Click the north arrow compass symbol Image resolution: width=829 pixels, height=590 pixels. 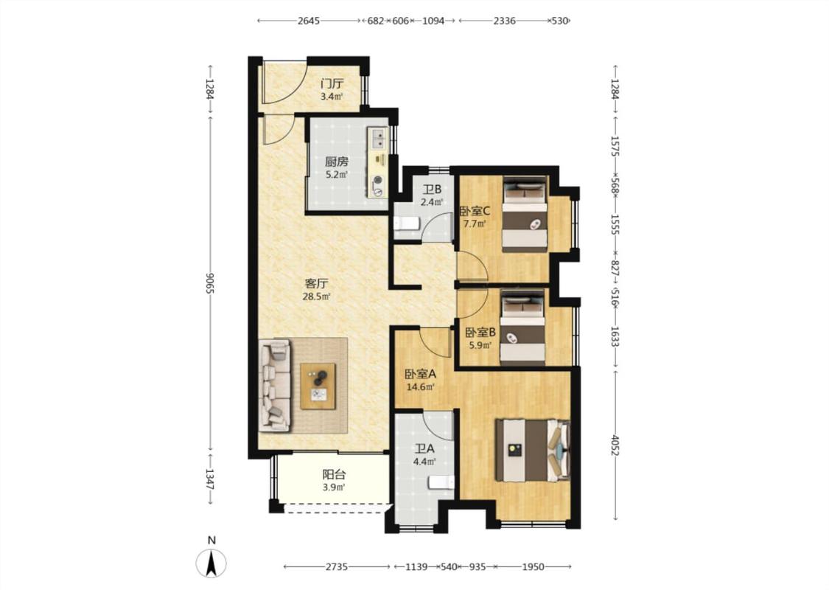click(211, 563)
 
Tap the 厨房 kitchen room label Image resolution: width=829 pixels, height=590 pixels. click(337, 162)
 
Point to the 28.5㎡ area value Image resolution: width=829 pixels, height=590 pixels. click(317, 297)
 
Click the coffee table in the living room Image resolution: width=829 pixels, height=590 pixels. click(318, 386)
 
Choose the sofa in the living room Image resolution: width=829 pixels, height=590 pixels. click(275, 384)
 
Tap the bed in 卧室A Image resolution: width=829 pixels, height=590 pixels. click(532, 451)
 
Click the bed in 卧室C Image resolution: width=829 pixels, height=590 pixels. click(525, 214)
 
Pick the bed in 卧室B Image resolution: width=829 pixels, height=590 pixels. click(522, 327)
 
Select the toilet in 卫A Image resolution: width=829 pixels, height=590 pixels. click(441, 482)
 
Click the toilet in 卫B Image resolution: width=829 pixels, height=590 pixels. click(406, 223)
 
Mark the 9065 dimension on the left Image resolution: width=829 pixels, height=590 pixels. click(210, 284)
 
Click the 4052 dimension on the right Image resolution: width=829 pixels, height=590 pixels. click(615, 445)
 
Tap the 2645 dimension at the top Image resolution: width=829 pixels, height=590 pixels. click(309, 21)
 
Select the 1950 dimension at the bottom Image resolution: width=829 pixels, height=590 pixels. click(533, 567)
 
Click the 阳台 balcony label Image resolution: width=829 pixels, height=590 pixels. click(334, 475)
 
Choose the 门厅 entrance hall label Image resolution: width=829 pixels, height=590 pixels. click(332, 83)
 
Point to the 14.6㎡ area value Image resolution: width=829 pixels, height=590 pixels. click(420, 387)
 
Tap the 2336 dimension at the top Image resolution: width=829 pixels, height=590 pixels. click(504, 21)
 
